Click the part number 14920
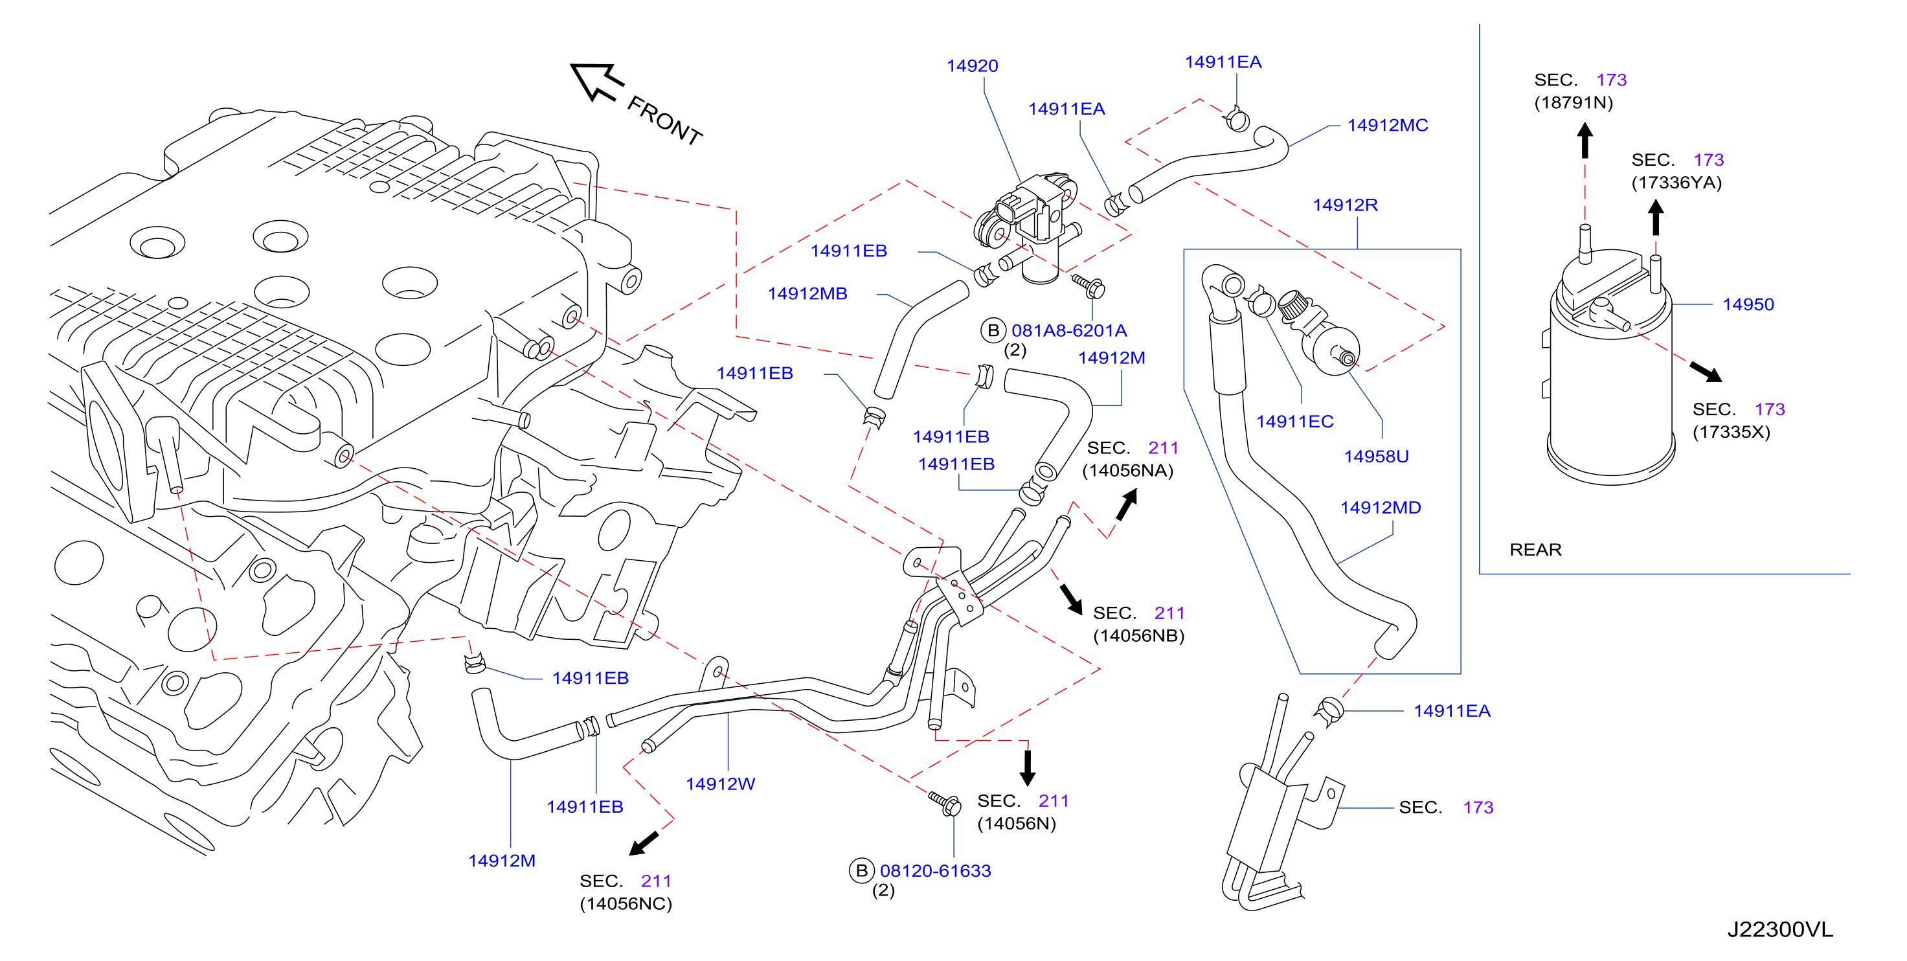tap(972, 66)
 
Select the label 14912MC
tap(1387, 125)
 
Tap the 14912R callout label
tap(1345, 205)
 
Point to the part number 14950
tap(1748, 304)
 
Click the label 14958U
tap(1376, 456)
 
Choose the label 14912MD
tap(1381, 508)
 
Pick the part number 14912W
tap(720, 784)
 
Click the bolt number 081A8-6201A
tap(1069, 331)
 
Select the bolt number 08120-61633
tap(935, 871)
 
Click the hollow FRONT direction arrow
tap(596, 82)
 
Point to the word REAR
tap(1535, 549)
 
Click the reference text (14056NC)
tap(626, 904)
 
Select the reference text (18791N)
tap(1573, 102)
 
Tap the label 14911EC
tap(1295, 422)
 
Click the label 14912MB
tap(807, 294)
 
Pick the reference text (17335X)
tap(1731, 432)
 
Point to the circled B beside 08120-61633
tap(861, 871)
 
